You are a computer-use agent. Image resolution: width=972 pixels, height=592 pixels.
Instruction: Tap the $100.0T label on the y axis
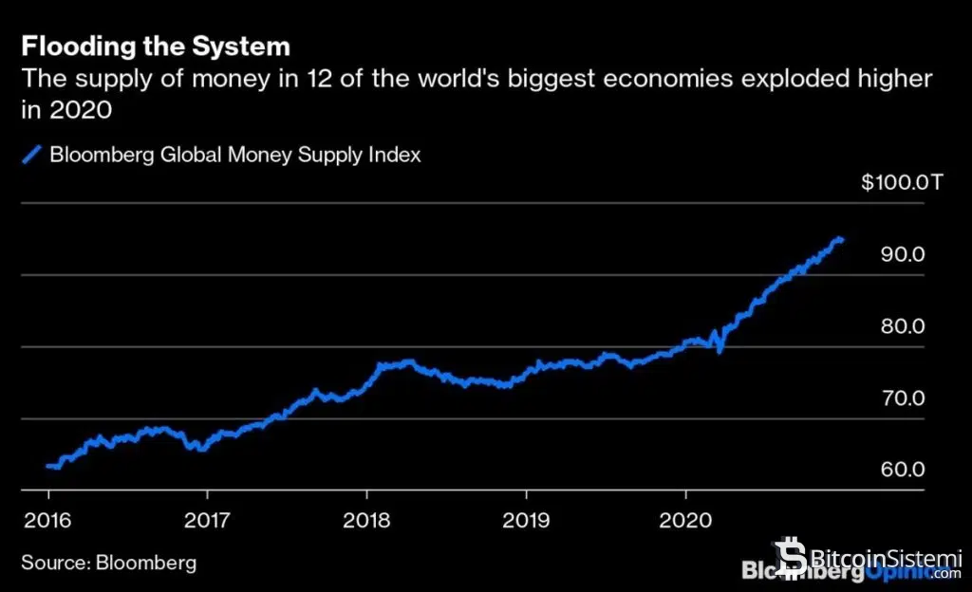pyautogui.click(x=902, y=183)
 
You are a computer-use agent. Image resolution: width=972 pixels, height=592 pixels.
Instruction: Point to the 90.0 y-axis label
pyautogui.click(x=904, y=254)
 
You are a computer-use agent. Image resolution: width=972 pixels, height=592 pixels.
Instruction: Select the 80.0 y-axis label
pyautogui.click(x=904, y=326)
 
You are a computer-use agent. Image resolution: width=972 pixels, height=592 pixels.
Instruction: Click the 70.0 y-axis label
pyautogui.click(x=904, y=398)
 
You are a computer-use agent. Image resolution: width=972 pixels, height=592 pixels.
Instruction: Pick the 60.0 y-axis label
pyautogui.click(x=904, y=471)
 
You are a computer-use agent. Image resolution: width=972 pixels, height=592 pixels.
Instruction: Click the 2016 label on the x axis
pyautogui.click(x=47, y=520)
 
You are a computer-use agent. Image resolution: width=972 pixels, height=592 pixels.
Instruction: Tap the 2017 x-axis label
pyautogui.click(x=206, y=520)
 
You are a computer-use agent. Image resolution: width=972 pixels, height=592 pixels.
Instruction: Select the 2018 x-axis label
pyautogui.click(x=365, y=520)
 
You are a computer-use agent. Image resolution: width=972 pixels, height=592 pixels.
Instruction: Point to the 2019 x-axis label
pyautogui.click(x=525, y=520)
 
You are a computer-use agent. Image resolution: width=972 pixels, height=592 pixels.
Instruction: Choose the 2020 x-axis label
pyautogui.click(x=685, y=520)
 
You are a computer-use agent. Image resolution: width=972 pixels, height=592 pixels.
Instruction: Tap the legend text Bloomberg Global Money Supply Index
pyautogui.click(x=234, y=155)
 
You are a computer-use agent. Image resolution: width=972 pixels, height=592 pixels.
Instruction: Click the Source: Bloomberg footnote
pyautogui.click(x=109, y=563)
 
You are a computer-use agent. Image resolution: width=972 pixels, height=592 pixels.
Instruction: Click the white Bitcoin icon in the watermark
pyautogui.click(x=788, y=556)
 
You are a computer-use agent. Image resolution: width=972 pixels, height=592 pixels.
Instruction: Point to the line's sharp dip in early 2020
pyautogui.click(x=720, y=351)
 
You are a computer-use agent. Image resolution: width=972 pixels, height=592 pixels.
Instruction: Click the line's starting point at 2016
pyautogui.click(x=48, y=466)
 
